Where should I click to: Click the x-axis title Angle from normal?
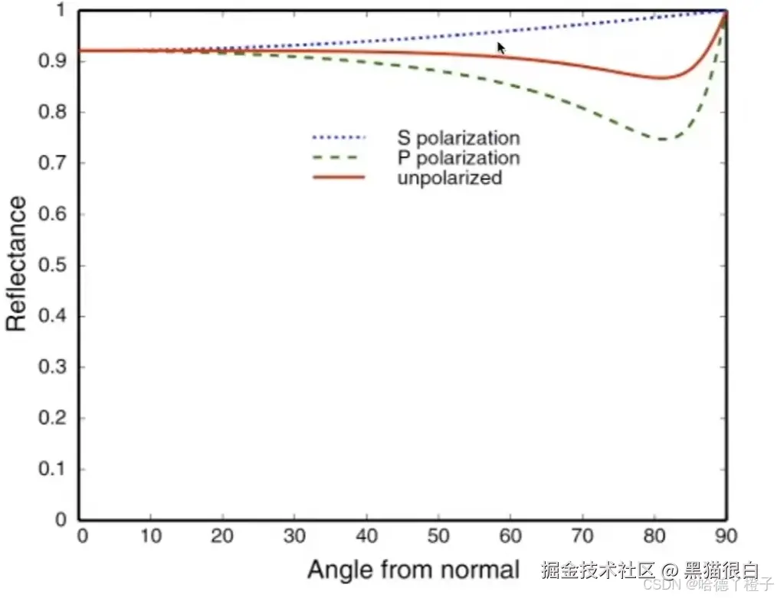(x=414, y=570)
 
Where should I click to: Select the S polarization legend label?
(x=458, y=139)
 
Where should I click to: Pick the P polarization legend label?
(x=458, y=158)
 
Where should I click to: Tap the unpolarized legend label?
(x=450, y=178)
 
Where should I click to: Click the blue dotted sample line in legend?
(x=339, y=139)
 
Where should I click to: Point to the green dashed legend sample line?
(x=339, y=158)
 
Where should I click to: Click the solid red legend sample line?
(x=339, y=178)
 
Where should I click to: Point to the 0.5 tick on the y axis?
(x=54, y=266)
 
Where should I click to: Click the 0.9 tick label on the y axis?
(x=54, y=61)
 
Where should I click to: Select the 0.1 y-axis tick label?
(x=54, y=469)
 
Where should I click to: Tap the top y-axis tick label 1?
(x=60, y=11)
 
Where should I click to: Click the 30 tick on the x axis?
(x=295, y=534)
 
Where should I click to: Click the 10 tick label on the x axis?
(x=151, y=534)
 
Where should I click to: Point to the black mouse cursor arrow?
(x=501, y=48)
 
